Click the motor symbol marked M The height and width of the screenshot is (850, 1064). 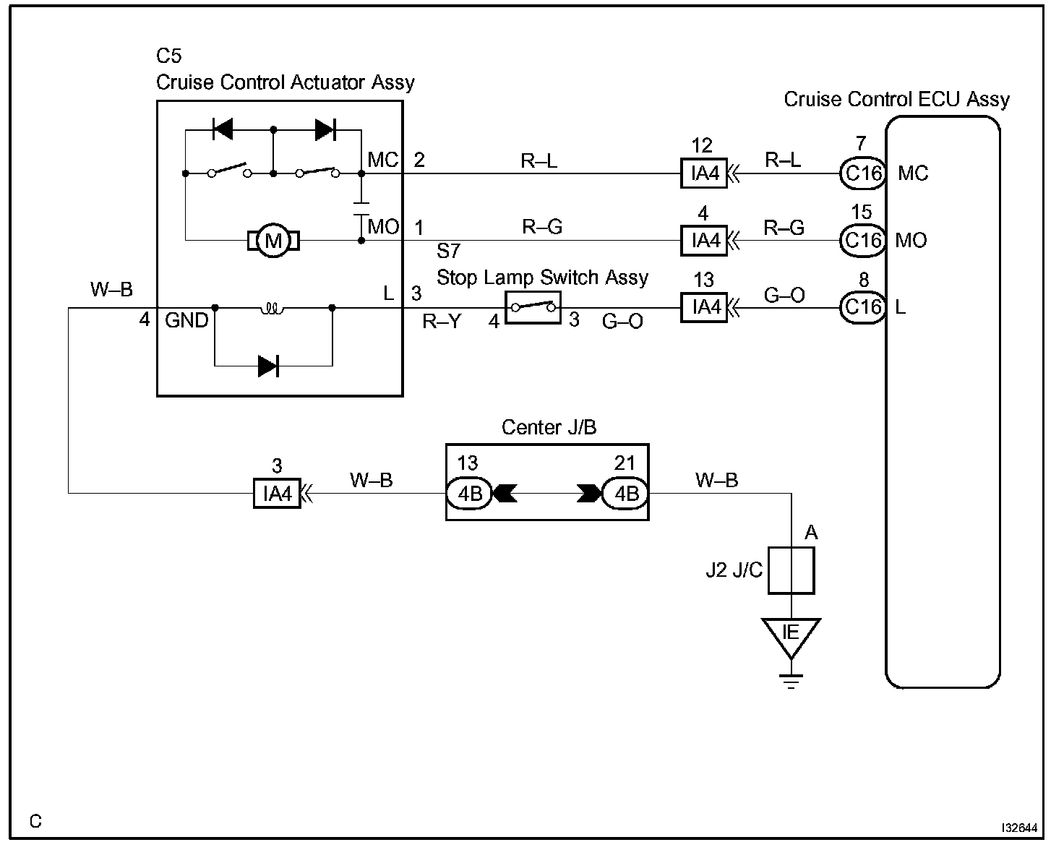(x=273, y=241)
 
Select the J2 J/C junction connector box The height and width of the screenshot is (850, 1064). (x=791, y=570)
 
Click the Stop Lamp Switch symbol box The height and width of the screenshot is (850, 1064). (x=533, y=308)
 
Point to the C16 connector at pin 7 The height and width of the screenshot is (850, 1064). (x=863, y=173)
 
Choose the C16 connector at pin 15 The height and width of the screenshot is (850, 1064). (x=863, y=241)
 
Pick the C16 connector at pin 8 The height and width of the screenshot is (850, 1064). (x=863, y=308)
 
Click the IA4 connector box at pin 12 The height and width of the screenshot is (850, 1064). (x=704, y=173)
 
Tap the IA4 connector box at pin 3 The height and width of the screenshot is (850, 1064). (x=277, y=493)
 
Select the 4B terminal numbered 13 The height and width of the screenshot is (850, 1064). (x=469, y=494)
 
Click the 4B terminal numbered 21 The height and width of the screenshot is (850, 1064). (x=625, y=494)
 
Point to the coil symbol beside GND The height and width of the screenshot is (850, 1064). (x=273, y=309)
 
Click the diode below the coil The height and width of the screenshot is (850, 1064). (x=268, y=366)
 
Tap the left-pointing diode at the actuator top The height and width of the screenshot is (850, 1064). (x=223, y=129)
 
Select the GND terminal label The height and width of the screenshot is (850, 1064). (x=186, y=320)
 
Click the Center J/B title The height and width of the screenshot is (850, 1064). (x=549, y=427)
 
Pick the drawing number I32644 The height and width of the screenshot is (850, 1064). (x=1019, y=828)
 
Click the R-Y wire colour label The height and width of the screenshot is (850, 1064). (x=442, y=322)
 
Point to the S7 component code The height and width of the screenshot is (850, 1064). (x=448, y=252)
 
